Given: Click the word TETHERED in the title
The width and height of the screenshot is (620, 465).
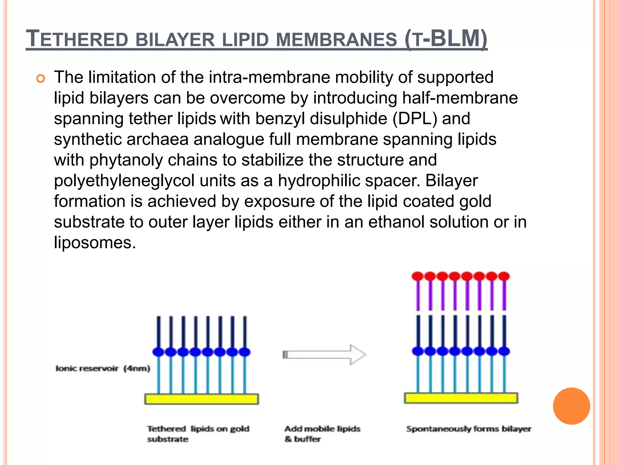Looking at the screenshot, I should click(77, 39).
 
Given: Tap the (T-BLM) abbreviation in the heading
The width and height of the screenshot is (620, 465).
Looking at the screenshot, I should click(446, 39).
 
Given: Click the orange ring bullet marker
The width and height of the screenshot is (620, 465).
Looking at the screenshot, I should click(40, 79).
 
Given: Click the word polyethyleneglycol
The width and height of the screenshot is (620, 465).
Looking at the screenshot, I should click(124, 181).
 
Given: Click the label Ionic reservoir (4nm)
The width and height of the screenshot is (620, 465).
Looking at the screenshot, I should click(103, 368).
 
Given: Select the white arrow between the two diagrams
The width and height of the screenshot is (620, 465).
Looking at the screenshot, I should click(324, 355).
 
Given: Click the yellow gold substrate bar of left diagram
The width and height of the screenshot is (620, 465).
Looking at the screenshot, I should click(201, 399).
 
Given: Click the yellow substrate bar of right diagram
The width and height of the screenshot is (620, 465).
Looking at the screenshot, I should click(461, 398).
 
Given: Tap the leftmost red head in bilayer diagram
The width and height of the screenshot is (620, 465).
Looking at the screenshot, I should click(418, 276).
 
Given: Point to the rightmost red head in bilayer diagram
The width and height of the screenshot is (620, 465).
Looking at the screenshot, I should click(504, 276).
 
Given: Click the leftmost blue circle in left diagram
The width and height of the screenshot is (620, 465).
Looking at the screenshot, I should click(158, 352).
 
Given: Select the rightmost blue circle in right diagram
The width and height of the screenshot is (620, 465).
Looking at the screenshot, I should click(504, 351).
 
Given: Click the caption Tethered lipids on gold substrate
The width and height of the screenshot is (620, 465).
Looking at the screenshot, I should click(198, 434).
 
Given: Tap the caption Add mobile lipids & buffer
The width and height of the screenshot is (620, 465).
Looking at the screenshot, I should click(322, 434).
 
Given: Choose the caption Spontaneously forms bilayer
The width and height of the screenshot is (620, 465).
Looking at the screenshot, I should click(469, 429).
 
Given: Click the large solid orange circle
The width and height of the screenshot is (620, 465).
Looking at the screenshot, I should click(571, 406).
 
